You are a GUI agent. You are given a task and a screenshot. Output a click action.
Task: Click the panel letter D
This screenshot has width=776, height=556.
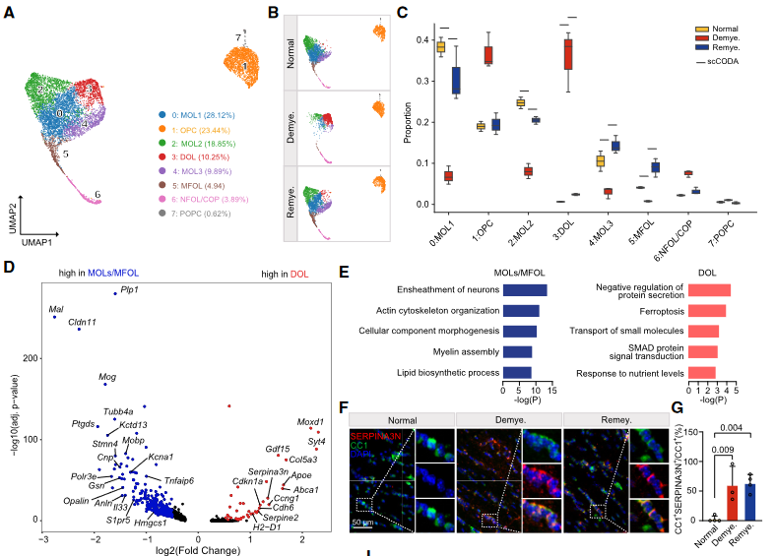point(9,268)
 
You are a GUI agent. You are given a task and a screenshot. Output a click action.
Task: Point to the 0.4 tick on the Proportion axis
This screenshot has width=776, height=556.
point(420,40)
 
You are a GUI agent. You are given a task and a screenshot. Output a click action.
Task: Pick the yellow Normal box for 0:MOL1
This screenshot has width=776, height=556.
point(441,46)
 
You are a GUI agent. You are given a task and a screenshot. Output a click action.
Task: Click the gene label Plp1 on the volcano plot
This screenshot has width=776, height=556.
point(129,290)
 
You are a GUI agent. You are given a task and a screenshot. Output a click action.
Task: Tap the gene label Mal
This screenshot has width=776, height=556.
point(56,309)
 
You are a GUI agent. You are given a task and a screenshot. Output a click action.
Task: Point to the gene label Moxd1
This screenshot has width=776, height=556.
point(310,422)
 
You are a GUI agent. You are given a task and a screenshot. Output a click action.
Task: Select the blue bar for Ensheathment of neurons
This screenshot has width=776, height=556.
point(525,289)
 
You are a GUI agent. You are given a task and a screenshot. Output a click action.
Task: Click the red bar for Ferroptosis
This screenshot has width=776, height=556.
point(707,310)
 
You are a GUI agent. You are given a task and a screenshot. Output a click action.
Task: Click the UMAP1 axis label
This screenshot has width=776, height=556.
point(37,240)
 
